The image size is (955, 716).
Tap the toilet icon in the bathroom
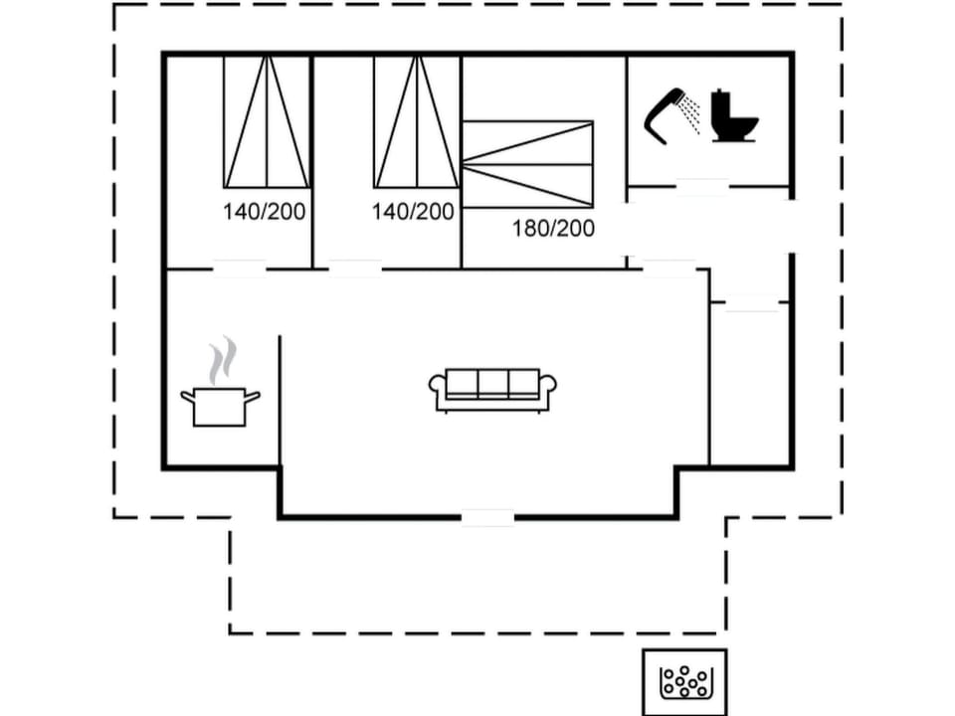click(734, 117)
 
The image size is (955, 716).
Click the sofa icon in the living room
click(492, 389)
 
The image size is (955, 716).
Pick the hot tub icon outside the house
click(684, 682)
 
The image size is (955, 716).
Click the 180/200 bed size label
click(553, 229)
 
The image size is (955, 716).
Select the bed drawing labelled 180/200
click(528, 164)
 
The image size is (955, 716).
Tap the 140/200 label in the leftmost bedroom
click(264, 212)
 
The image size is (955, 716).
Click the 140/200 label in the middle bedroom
click(413, 212)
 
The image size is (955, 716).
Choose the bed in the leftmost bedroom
click(266, 121)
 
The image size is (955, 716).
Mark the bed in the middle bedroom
click(417, 121)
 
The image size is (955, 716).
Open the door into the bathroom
click(702, 186)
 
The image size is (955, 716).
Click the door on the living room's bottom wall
click(487, 516)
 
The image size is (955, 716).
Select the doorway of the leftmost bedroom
click(239, 268)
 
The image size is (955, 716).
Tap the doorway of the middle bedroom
click(355, 268)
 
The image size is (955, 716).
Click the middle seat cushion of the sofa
click(493, 383)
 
